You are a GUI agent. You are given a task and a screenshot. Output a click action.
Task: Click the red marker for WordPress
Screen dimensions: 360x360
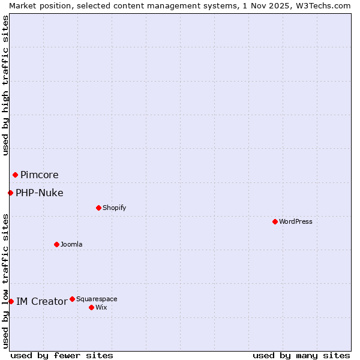[x=275, y=221]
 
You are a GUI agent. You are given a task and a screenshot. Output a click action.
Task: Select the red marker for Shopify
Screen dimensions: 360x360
[x=98, y=208]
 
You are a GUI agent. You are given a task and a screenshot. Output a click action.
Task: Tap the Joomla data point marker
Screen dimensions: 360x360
[x=56, y=244]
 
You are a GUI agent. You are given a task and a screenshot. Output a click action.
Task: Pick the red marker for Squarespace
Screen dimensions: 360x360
[x=72, y=299]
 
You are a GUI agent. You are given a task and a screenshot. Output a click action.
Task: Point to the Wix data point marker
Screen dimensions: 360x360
[x=91, y=307]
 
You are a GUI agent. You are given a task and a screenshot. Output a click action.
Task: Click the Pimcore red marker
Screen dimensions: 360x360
[x=15, y=175]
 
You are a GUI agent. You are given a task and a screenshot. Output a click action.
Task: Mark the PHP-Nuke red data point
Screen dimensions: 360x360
[x=10, y=193]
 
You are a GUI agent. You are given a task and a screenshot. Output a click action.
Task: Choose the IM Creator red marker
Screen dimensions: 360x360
[x=11, y=301]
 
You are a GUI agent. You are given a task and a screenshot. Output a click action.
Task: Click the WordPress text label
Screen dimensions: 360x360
[x=296, y=221]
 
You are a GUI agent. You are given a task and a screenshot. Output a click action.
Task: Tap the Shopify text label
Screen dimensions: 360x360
[x=114, y=208]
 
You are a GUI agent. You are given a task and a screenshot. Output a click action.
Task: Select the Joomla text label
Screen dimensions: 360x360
[x=71, y=244]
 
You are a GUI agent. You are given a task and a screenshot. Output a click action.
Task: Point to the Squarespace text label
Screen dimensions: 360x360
[x=97, y=299]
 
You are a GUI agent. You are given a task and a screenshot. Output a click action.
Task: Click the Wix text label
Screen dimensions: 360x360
[x=101, y=307]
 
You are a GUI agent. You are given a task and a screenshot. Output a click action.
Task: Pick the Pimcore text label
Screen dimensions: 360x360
[x=40, y=175]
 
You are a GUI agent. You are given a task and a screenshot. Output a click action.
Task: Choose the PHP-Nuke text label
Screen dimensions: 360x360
[x=40, y=193]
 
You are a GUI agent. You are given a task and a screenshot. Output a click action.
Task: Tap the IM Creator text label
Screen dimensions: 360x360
[x=41, y=301]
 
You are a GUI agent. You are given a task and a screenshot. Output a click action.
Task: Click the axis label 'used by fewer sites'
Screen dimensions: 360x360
[x=62, y=355]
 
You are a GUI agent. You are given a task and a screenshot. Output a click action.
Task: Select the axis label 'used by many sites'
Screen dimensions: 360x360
[x=301, y=355]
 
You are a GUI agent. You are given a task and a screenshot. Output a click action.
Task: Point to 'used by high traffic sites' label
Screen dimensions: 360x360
[x=5, y=85]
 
